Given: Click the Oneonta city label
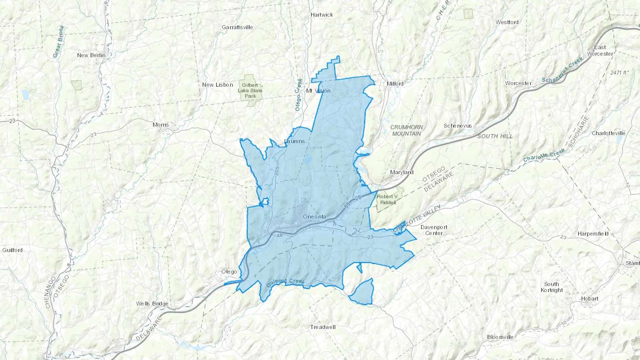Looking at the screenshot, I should click(x=314, y=216).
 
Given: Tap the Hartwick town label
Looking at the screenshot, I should click(x=322, y=15).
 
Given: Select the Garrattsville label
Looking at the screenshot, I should click(x=237, y=27).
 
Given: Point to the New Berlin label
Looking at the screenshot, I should click(x=91, y=55).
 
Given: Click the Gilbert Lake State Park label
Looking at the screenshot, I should click(x=250, y=90).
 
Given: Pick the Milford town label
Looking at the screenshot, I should click(x=395, y=84).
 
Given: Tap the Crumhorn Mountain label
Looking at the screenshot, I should click(x=406, y=130).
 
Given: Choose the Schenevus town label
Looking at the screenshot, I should click(x=458, y=125).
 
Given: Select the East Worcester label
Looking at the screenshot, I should click(x=600, y=50).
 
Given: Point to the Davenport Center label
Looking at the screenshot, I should click(x=434, y=230).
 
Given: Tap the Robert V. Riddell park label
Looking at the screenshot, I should click(x=388, y=199).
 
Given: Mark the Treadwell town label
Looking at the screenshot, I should click(x=322, y=327).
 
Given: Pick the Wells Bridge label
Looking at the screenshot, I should click(x=152, y=303).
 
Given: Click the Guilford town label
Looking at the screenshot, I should click(x=12, y=250).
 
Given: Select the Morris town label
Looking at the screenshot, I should click(x=161, y=125).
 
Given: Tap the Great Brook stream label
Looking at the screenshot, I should click(x=59, y=41).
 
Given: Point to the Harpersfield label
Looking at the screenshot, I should click(x=593, y=233).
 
